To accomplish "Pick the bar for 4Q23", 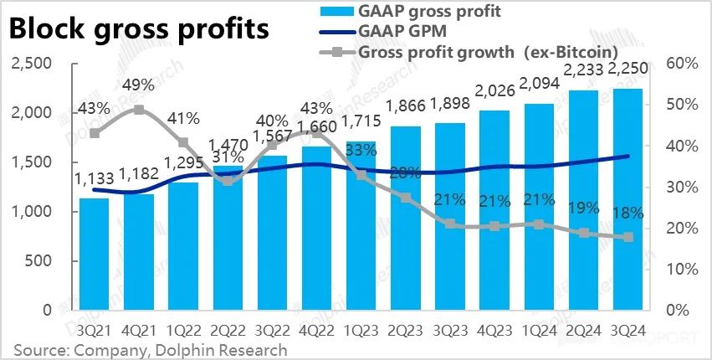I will tap(494, 209).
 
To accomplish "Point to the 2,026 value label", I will tap(494, 90).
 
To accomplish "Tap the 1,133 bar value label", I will tap(95, 177).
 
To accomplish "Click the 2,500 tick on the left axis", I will tap(30, 64).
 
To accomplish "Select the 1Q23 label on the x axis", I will tap(361, 329).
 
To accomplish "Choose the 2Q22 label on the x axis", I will tap(228, 329).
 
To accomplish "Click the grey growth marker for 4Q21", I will tap(139, 110).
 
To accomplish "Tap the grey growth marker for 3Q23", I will tap(450, 224).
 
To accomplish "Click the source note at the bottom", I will tap(151, 349).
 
